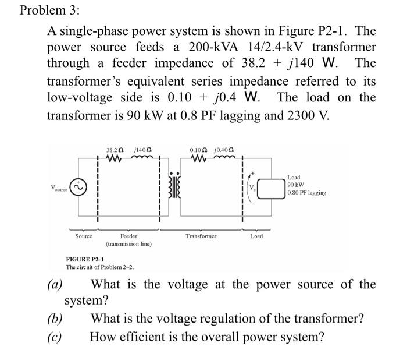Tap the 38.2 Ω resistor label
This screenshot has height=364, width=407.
pos(113,151)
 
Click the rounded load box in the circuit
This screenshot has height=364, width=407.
pos(269,188)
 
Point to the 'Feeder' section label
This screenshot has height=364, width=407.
pos(128,236)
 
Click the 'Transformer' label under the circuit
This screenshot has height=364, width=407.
pos(201,236)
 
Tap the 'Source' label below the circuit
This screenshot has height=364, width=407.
pos(84,236)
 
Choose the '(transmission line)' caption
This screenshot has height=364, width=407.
pos(128,244)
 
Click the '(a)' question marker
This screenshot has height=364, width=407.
pos(55,285)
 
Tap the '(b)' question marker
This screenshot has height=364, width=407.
pos(55,319)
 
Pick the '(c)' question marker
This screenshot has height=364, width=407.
pos(55,337)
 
